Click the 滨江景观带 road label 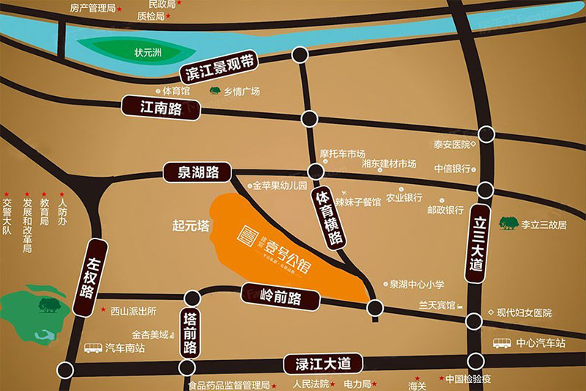(218, 67)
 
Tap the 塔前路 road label (190, 332)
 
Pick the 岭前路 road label (281, 297)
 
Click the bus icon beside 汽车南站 (92, 348)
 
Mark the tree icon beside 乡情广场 (215, 92)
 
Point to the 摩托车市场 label (342, 154)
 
